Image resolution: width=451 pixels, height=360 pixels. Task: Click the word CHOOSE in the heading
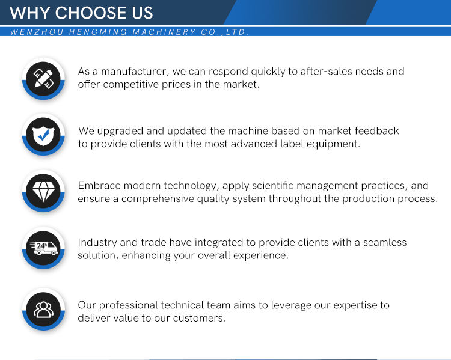91,13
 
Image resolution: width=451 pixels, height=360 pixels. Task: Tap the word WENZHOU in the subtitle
37,32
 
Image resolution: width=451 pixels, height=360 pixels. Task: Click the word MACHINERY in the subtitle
164,32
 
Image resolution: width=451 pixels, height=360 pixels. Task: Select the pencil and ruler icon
43,79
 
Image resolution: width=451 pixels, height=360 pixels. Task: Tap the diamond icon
43,192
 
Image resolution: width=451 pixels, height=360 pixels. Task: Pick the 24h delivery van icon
43,248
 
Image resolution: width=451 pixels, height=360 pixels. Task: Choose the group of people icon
43,310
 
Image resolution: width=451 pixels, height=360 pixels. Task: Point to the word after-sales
326,72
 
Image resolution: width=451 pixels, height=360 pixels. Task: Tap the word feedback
376,131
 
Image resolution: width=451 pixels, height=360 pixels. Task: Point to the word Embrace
99,186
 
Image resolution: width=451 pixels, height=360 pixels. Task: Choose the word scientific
272,186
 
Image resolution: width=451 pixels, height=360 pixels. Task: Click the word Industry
97,242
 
